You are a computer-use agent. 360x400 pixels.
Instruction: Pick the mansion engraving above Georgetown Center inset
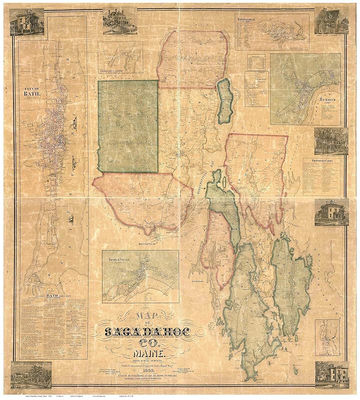(120, 21)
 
